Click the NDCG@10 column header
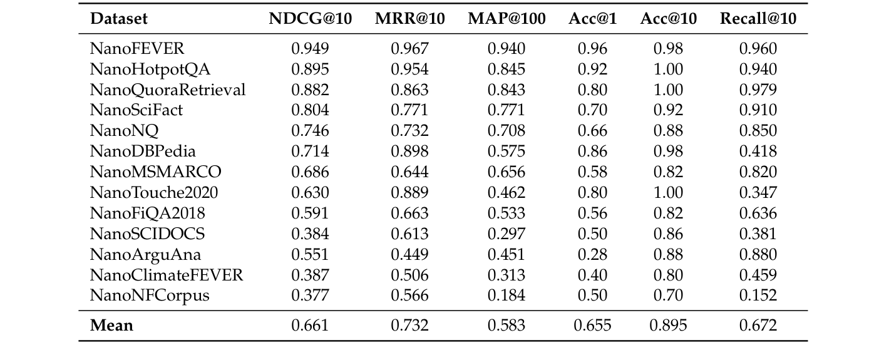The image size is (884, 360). click(x=310, y=19)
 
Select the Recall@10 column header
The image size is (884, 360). click(x=758, y=19)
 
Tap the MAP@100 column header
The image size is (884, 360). click(x=506, y=19)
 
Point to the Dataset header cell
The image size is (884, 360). click(x=119, y=19)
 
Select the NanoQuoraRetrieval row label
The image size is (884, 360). click(x=168, y=90)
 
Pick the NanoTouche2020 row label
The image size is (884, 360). click(x=154, y=193)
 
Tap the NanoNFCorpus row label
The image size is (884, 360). click(x=150, y=296)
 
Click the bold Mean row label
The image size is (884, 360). click(x=111, y=326)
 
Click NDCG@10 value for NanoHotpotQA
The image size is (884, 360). click(x=310, y=69)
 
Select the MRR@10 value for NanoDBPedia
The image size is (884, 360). click(x=409, y=152)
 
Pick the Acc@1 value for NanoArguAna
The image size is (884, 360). click(x=592, y=254)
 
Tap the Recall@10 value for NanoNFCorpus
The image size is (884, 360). click(x=758, y=296)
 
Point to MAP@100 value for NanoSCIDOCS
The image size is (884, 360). click(x=506, y=234)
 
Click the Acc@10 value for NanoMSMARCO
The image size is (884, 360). click(x=668, y=172)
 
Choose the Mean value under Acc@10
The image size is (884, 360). click(x=668, y=326)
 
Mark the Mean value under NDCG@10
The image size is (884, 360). click(x=310, y=326)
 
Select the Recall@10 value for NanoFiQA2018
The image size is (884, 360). click(x=758, y=213)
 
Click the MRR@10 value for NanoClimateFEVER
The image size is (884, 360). click(x=409, y=275)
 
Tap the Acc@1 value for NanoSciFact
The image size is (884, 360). click(x=592, y=111)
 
